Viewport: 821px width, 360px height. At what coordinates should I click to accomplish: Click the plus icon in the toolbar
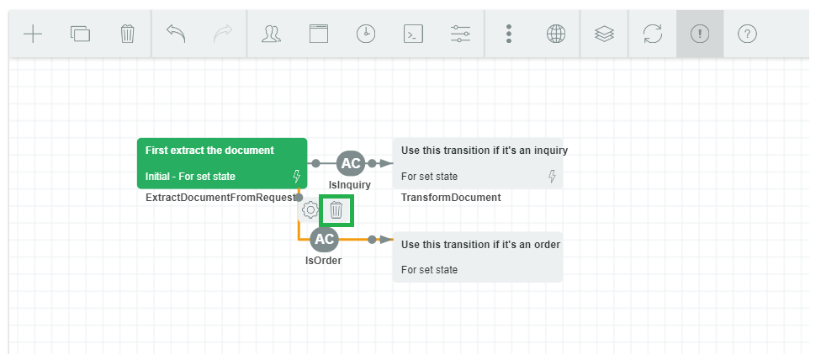(x=33, y=34)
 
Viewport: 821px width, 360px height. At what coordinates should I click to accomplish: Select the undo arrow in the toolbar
(x=176, y=34)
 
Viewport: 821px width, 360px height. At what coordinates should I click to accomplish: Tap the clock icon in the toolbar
(x=366, y=34)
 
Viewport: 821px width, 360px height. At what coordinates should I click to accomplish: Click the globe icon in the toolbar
(x=556, y=34)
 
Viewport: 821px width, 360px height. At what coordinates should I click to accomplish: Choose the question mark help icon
(x=747, y=34)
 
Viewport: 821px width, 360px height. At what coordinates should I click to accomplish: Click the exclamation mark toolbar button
(x=700, y=34)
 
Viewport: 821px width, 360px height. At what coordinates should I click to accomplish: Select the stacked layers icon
(x=604, y=34)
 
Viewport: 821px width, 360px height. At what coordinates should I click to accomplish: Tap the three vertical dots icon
(x=508, y=34)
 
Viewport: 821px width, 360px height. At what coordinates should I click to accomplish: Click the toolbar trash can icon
(x=127, y=34)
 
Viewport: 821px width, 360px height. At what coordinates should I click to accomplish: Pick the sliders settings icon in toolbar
(x=461, y=34)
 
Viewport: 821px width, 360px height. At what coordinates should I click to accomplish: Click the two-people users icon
(x=271, y=34)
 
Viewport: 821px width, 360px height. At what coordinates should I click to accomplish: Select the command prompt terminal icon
(x=414, y=34)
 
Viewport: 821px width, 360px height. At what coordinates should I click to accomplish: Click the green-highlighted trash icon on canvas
(x=336, y=210)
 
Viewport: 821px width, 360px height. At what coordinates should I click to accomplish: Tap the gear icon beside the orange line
(x=310, y=210)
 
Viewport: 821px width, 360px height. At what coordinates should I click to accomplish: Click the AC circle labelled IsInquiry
(x=350, y=163)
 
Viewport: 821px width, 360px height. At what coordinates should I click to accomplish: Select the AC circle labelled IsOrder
(x=325, y=239)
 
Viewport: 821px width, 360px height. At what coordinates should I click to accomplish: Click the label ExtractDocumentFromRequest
(x=220, y=198)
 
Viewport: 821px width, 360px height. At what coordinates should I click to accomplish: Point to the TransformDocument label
(x=451, y=198)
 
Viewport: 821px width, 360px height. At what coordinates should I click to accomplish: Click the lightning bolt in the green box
(x=296, y=177)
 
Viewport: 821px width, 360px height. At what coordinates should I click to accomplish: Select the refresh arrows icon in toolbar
(x=653, y=34)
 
